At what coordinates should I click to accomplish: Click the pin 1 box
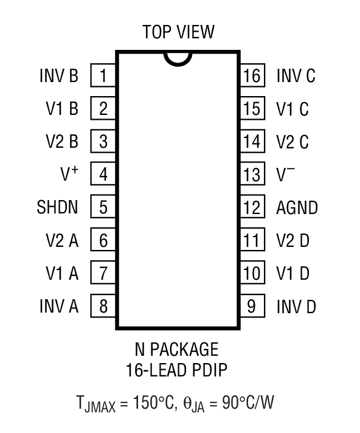103,76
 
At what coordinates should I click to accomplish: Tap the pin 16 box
252,76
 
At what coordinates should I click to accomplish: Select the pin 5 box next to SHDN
103,207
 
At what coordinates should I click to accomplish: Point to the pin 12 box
252,207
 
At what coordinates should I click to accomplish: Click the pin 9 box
252,306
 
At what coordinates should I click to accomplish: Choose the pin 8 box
103,306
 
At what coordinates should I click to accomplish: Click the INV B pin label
59,76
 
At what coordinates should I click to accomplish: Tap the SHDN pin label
57,207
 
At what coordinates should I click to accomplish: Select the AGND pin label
297,207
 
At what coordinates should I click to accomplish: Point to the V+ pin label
69,175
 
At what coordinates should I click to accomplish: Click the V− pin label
286,175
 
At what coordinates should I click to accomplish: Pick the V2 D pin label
292,240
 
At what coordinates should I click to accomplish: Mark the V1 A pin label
62,273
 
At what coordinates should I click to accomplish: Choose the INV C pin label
296,76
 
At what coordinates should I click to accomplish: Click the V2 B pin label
62,142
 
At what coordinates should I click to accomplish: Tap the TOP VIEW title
178,32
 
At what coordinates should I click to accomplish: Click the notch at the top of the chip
178,58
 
